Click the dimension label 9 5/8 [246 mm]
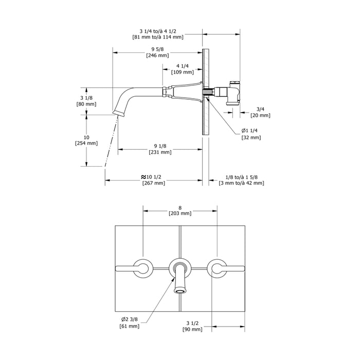pos(158,51)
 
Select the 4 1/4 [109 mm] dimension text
pos(181,69)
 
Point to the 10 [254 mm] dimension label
pos(86,140)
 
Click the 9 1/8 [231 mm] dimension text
pos(159,148)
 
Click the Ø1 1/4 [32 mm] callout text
pos(251,134)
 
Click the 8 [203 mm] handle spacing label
pos(179,209)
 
